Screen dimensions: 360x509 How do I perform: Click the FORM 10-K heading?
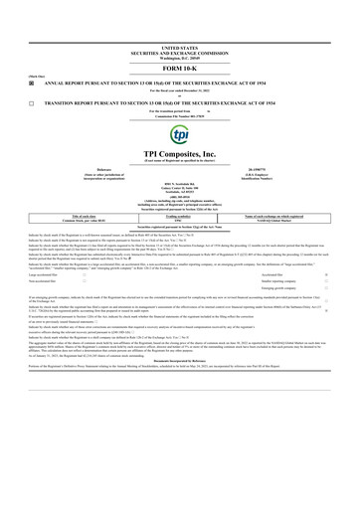click(x=179, y=67)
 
